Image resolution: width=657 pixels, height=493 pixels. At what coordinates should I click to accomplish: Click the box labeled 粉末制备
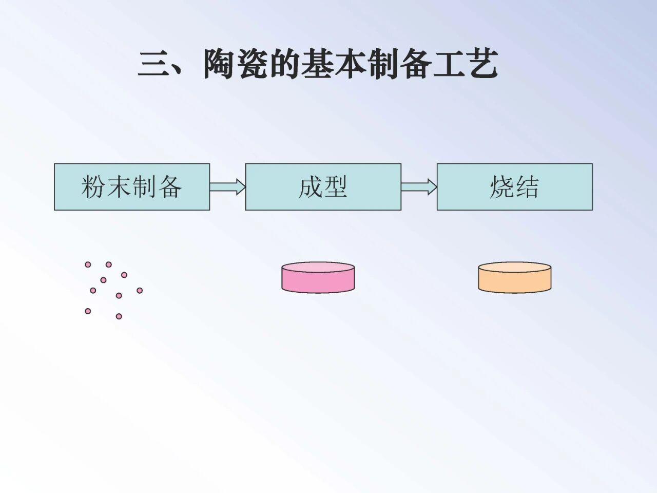click(132, 187)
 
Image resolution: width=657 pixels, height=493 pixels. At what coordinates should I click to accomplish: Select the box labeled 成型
click(323, 187)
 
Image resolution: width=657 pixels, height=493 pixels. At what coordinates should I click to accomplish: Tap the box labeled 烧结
click(514, 187)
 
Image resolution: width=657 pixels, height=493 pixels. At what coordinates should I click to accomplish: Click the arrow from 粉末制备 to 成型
click(227, 187)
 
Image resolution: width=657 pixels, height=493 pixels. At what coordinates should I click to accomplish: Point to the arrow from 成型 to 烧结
click(419, 187)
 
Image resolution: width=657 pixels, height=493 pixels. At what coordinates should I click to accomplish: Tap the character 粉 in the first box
click(93, 187)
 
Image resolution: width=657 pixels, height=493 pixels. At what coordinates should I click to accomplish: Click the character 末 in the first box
click(119, 187)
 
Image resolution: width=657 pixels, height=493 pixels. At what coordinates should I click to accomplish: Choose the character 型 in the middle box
click(336, 187)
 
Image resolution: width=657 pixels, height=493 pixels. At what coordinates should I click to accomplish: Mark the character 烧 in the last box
click(501, 187)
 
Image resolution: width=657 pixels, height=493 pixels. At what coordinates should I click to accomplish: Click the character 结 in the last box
click(527, 187)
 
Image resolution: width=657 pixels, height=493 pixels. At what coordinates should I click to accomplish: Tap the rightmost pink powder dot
click(140, 291)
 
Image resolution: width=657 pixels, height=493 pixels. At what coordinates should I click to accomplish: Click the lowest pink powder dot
click(119, 316)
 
